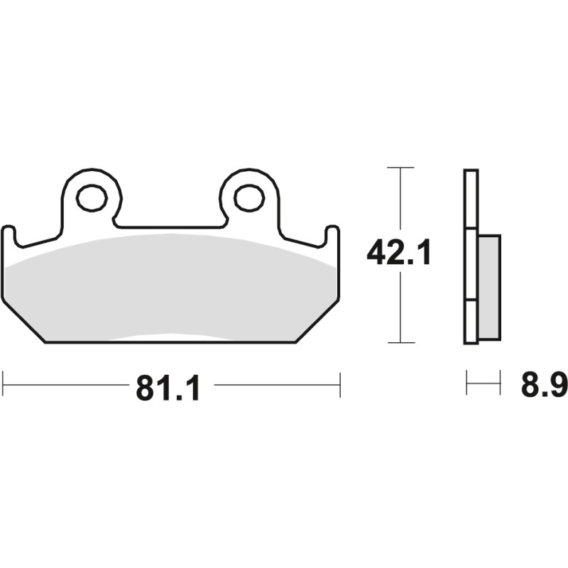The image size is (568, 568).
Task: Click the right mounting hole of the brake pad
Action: coord(248,198)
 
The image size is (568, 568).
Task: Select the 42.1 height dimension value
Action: coord(399,253)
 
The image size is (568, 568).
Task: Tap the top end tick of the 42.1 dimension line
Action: coord(401,168)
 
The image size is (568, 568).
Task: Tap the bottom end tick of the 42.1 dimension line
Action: coord(401,343)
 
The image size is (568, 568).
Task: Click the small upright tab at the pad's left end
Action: coord(8,237)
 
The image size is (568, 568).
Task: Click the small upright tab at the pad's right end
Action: coord(332,237)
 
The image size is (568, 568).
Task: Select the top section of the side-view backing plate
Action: coord(471,199)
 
